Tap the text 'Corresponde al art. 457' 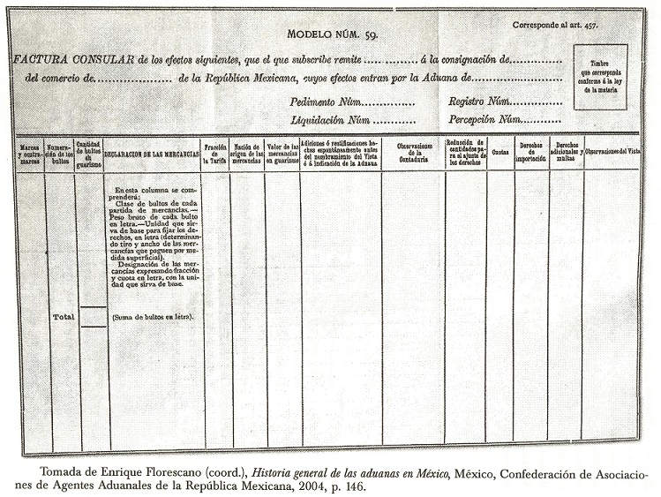[x=555, y=25]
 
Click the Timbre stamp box [x=600, y=78]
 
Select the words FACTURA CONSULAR [x=73, y=60]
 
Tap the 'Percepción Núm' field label [x=484, y=119]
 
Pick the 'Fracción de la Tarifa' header [x=216, y=153]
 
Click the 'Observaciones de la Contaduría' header [x=412, y=153]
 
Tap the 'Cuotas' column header [x=500, y=152]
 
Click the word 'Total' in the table [x=63, y=315]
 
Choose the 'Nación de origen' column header [x=247, y=153]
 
